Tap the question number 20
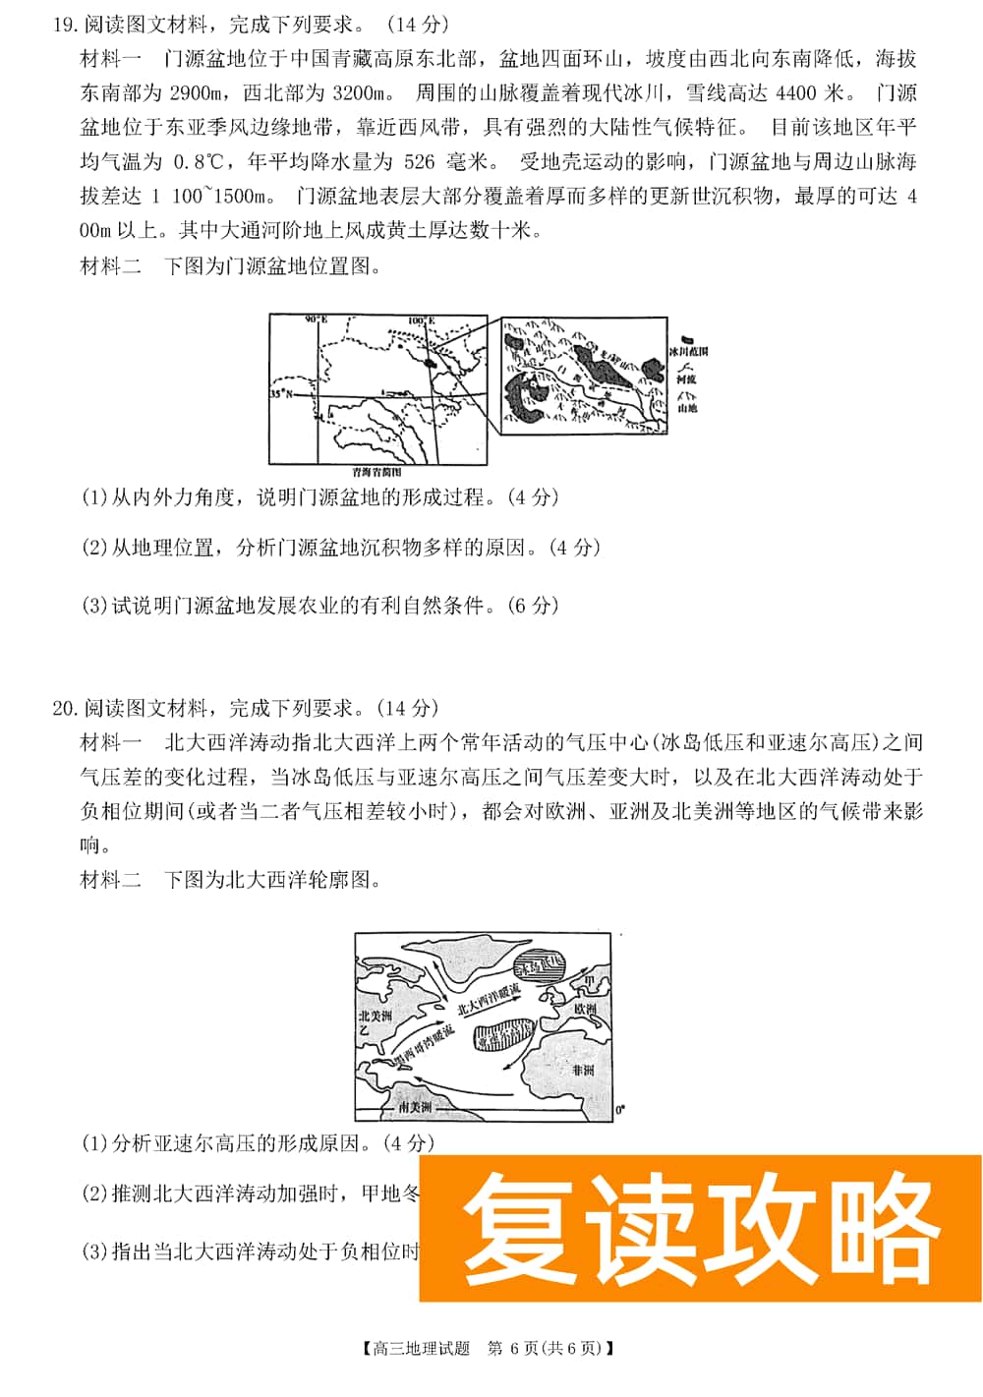click(x=64, y=708)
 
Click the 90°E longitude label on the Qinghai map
click(x=315, y=320)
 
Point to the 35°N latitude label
click(x=280, y=393)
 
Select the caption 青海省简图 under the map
click(x=376, y=472)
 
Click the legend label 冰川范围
click(x=687, y=351)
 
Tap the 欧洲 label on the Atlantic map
click(x=585, y=1010)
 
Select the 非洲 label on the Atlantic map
click(x=582, y=1070)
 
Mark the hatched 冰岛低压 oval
click(x=542, y=964)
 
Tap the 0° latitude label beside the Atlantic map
click(x=619, y=1110)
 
